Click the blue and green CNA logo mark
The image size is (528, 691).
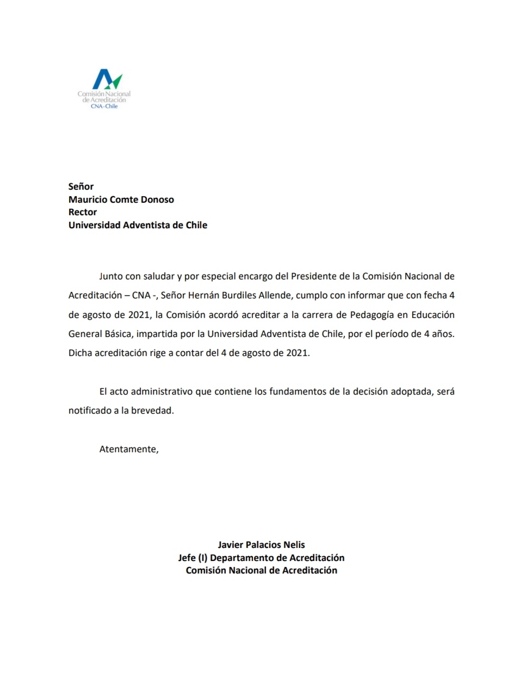(x=107, y=79)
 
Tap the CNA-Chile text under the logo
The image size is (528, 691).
(x=104, y=107)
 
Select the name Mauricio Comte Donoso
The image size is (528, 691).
(x=121, y=200)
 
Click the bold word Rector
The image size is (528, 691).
(x=83, y=212)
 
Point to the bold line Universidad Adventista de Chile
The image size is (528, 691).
(x=138, y=225)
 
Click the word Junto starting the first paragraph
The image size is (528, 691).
(x=110, y=276)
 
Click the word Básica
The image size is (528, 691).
(x=115, y=334)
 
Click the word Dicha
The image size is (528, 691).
(x=80, y=353)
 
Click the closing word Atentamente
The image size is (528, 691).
(x=128, y=449)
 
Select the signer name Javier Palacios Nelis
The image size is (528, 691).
(x=261, y=545)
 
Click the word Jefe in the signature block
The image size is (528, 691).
(x=187, y=558)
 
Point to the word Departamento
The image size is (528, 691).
(x=242, y=558)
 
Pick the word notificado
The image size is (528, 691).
(x=90, y=410)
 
